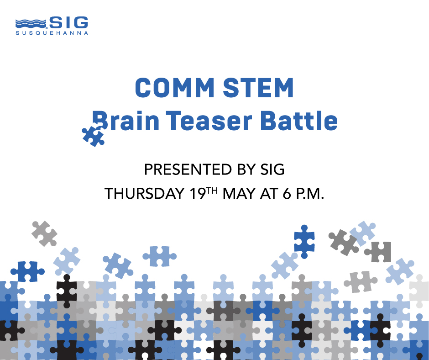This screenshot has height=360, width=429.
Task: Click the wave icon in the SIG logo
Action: click(x=31, y=23)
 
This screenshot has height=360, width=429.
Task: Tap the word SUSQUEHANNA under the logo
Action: click(x=52, y=33)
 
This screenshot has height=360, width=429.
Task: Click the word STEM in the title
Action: click(x=259, y=88)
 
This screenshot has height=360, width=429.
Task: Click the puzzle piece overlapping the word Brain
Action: click(x=93, y=135)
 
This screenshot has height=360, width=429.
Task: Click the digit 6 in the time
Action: click(x=287, y=194)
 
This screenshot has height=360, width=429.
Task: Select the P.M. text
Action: click(x=310, y=194)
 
